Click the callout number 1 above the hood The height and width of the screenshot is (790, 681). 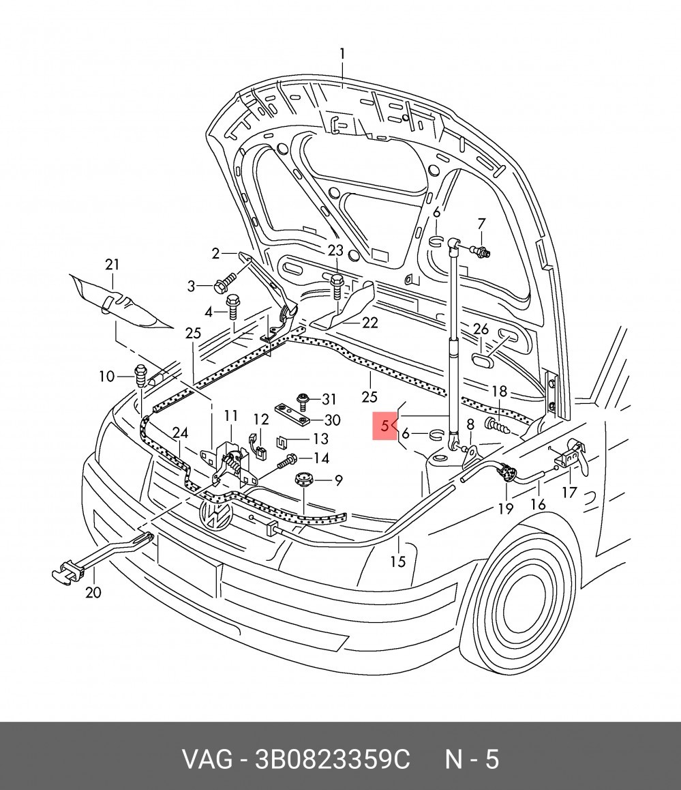[342, 53]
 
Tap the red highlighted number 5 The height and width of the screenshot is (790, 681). [384, 426]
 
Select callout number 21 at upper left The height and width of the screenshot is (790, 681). [112, 265]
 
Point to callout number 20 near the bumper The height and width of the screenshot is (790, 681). [93, 592]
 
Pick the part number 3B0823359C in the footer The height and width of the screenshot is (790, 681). [333, 759]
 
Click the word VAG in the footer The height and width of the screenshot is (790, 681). [207, 759]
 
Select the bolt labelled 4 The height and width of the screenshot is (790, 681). [232, 306]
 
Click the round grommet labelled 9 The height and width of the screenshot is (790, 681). [303, 479]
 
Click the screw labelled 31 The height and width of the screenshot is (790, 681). [303, 400]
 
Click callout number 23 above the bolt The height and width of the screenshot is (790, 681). [335, 250]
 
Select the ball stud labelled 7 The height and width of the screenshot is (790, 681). [481, 250]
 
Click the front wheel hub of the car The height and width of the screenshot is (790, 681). [524, 602]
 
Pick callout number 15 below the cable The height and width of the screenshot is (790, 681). [397, 561]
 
